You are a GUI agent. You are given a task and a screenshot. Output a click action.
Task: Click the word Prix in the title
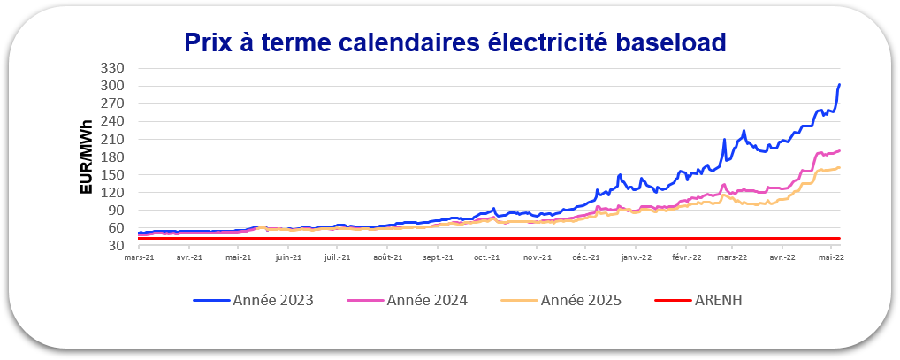208,42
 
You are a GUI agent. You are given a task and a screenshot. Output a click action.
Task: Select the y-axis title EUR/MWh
87,157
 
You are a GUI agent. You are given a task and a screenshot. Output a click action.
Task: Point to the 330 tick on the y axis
114,68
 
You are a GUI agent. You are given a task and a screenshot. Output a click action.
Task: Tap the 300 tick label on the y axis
114,86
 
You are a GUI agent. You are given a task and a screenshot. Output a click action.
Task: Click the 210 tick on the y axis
114,140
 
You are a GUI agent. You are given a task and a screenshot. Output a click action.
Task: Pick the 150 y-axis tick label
114,175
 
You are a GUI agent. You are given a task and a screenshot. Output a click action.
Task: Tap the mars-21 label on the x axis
140,258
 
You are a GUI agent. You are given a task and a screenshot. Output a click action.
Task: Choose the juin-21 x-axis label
288,258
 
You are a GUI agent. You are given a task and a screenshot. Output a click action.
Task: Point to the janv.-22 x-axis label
637,258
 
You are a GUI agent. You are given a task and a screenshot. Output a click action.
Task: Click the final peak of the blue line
839,85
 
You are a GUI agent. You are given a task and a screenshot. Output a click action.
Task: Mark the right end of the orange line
839,167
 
